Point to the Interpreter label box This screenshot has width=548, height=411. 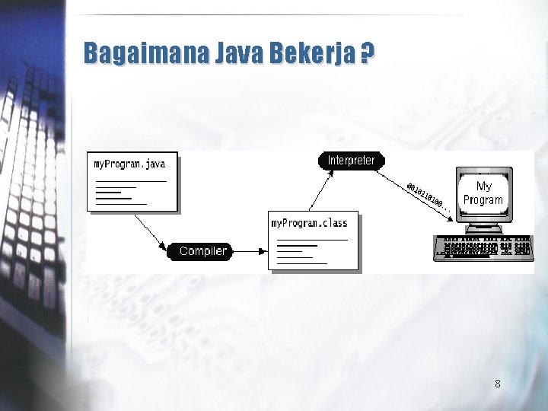click(x=351, y=161)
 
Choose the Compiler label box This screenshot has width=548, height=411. click(x=202, y=250)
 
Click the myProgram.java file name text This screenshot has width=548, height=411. click(x=129, y=164)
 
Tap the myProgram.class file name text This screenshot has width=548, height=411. click(x=309, y=223)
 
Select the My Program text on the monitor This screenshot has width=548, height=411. click(x=483, y=193)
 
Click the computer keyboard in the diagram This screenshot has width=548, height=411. click(x=482, y=247)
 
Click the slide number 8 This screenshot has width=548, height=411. click(x=497, y=384)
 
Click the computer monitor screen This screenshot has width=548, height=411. click(x=483, y=193)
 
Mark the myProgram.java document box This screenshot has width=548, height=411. click(x=134, y=182)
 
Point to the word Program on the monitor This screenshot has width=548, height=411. click(x=483, y=200)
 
